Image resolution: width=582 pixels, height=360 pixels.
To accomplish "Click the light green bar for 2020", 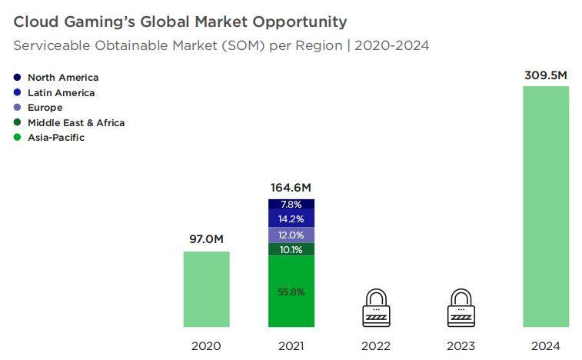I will tap(206, 288).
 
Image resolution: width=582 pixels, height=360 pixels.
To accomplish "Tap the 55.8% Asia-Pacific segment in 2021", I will tap(291, 292).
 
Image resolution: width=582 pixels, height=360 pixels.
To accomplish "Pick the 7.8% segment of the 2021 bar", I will tap(291, 205).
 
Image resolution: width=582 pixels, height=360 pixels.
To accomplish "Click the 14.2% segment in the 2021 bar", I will tap(291, 218).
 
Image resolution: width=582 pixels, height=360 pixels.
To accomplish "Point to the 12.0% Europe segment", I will tap(291, 235).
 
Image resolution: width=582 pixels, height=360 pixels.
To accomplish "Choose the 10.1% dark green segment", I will tap(291, 249).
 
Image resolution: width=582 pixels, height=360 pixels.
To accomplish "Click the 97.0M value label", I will tap(206, 239).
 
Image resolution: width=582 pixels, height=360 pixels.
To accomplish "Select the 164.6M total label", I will tap(291, 187).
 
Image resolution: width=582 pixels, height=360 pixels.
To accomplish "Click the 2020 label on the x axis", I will tap(206, 346).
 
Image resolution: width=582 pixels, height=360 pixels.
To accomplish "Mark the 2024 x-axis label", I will tap(545, 346).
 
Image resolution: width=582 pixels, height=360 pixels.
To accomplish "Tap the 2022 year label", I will tap(376, 346).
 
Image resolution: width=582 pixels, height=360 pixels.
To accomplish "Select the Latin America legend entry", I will tap(61, 93).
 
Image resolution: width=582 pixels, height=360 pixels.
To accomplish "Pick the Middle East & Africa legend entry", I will tap(75, 123).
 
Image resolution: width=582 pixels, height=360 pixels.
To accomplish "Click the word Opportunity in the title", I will tap(295, 22).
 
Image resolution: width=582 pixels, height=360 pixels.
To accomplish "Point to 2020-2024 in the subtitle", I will tap(392, 45).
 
